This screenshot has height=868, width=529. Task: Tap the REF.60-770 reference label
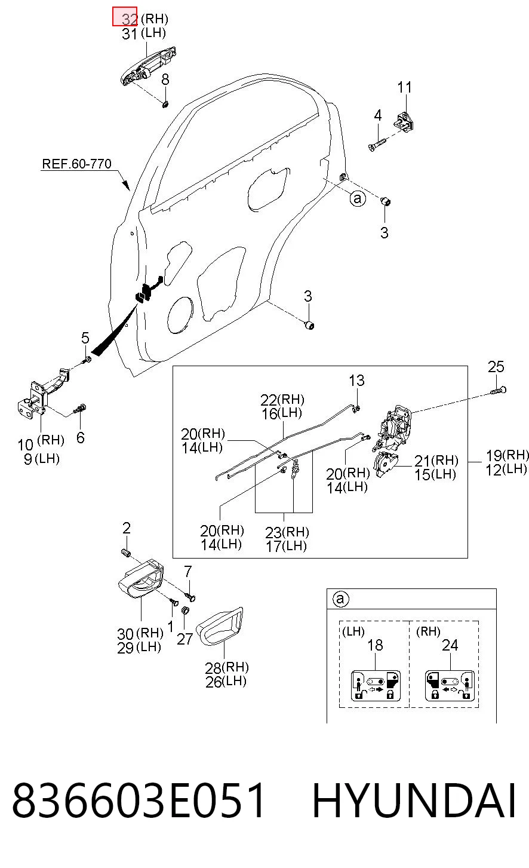[76, 164]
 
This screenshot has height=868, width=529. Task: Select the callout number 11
[405, 87]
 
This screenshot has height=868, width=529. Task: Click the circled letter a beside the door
[358, 198]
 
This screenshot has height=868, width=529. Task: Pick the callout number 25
[496, 367]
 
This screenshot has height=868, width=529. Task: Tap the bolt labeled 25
[499, 391]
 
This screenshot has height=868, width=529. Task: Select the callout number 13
[356, 381]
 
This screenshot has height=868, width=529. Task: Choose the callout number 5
[85, 338]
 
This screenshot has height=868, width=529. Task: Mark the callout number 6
[80, 437]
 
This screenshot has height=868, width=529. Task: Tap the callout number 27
[184, 639]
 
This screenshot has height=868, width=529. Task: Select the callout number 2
[126, 527]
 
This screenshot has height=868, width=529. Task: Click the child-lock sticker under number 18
[376, 685]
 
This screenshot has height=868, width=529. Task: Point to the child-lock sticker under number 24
[450, 685]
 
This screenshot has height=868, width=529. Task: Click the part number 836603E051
[139, 800]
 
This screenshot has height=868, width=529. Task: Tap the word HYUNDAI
[414, 800]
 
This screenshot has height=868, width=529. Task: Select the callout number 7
[188, 571]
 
